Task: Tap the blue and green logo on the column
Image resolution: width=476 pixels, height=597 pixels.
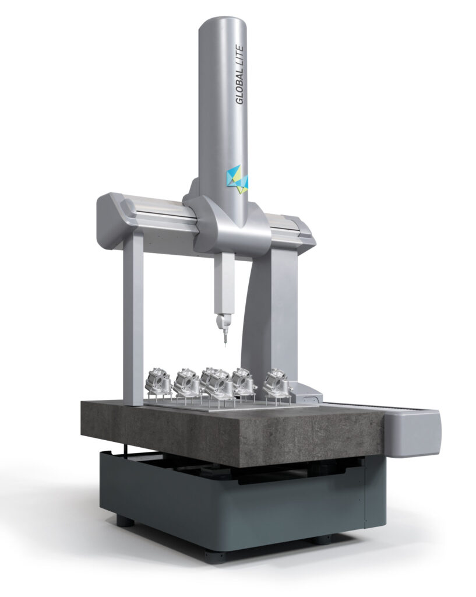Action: (238, 179)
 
